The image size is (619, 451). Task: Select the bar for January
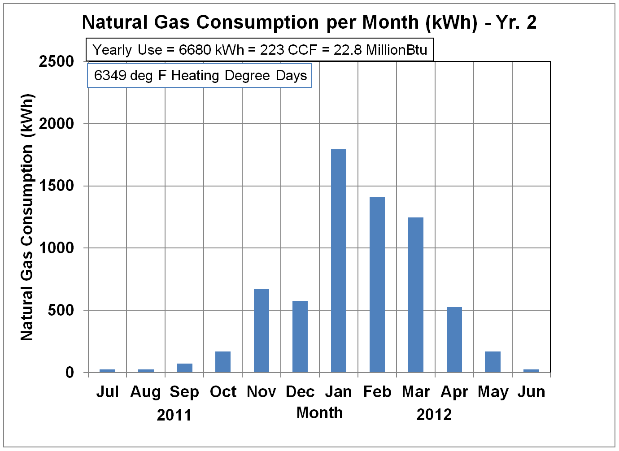[339, 261]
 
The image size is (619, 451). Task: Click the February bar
[377, 285]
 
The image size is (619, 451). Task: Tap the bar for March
[416, 295]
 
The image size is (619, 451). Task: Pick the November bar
[262, 331]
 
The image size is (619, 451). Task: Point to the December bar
[300, 337]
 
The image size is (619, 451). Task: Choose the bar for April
[454, 340]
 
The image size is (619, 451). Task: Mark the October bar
[223, 362]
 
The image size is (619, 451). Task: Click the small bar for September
[184, 368]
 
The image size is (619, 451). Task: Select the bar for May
[493, 362]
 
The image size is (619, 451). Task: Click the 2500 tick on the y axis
[57, 61]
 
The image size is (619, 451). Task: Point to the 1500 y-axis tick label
[57, 186]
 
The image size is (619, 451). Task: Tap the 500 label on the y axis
[61, 310]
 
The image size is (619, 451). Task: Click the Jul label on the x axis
[107, 392]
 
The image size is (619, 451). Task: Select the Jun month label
[532, 392]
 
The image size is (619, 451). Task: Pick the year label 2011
[174, 415]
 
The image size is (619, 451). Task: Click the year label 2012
[434, 415]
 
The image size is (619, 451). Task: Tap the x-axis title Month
[320, 413]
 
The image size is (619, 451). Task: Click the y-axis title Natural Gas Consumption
[27, 217]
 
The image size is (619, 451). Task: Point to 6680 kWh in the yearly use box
[211, 50]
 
